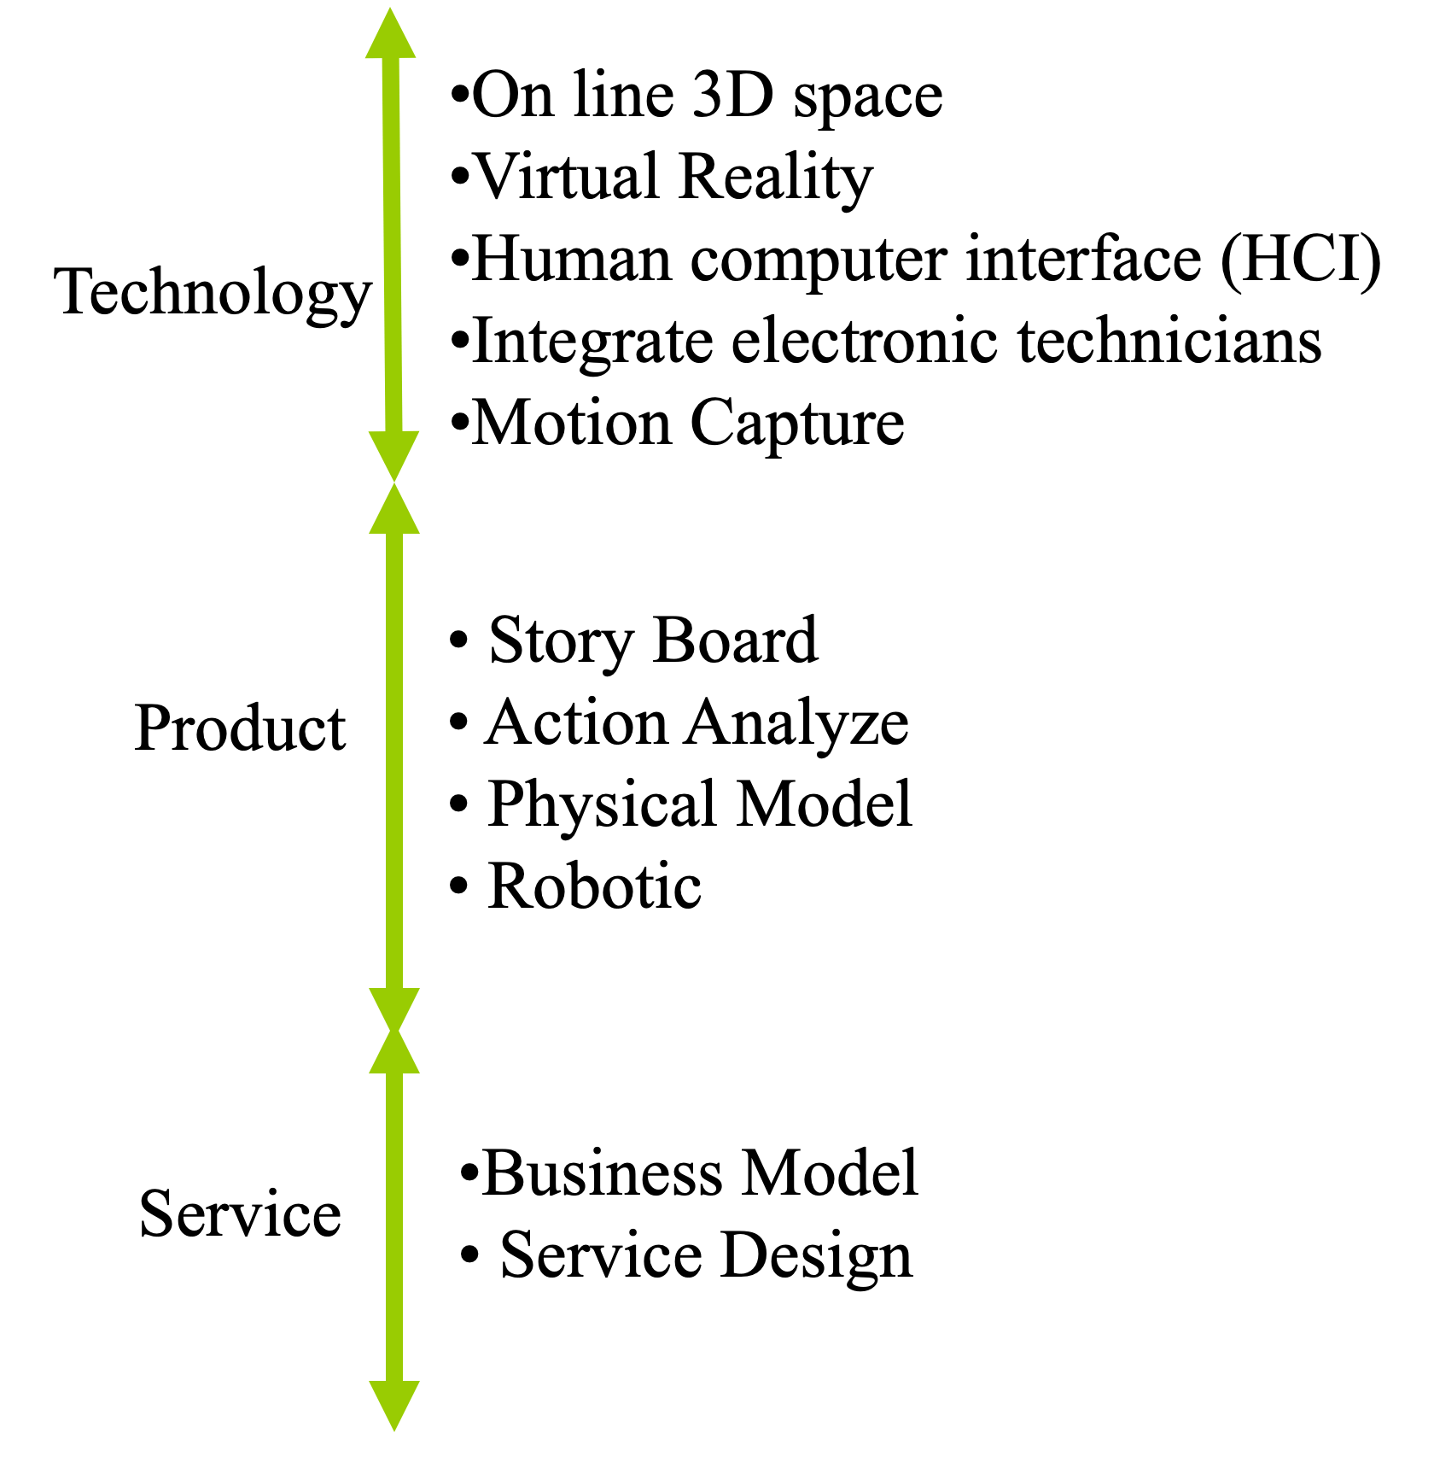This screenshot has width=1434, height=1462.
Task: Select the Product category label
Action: coord(240,728)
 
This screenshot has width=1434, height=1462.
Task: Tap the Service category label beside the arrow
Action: coord(240,1213)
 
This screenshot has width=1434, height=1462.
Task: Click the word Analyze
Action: coord(797,722)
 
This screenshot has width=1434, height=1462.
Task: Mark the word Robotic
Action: coord(594,886)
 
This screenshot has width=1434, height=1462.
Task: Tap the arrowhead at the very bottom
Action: coord(394,1404)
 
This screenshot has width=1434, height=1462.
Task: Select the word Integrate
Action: coord(592,342)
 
